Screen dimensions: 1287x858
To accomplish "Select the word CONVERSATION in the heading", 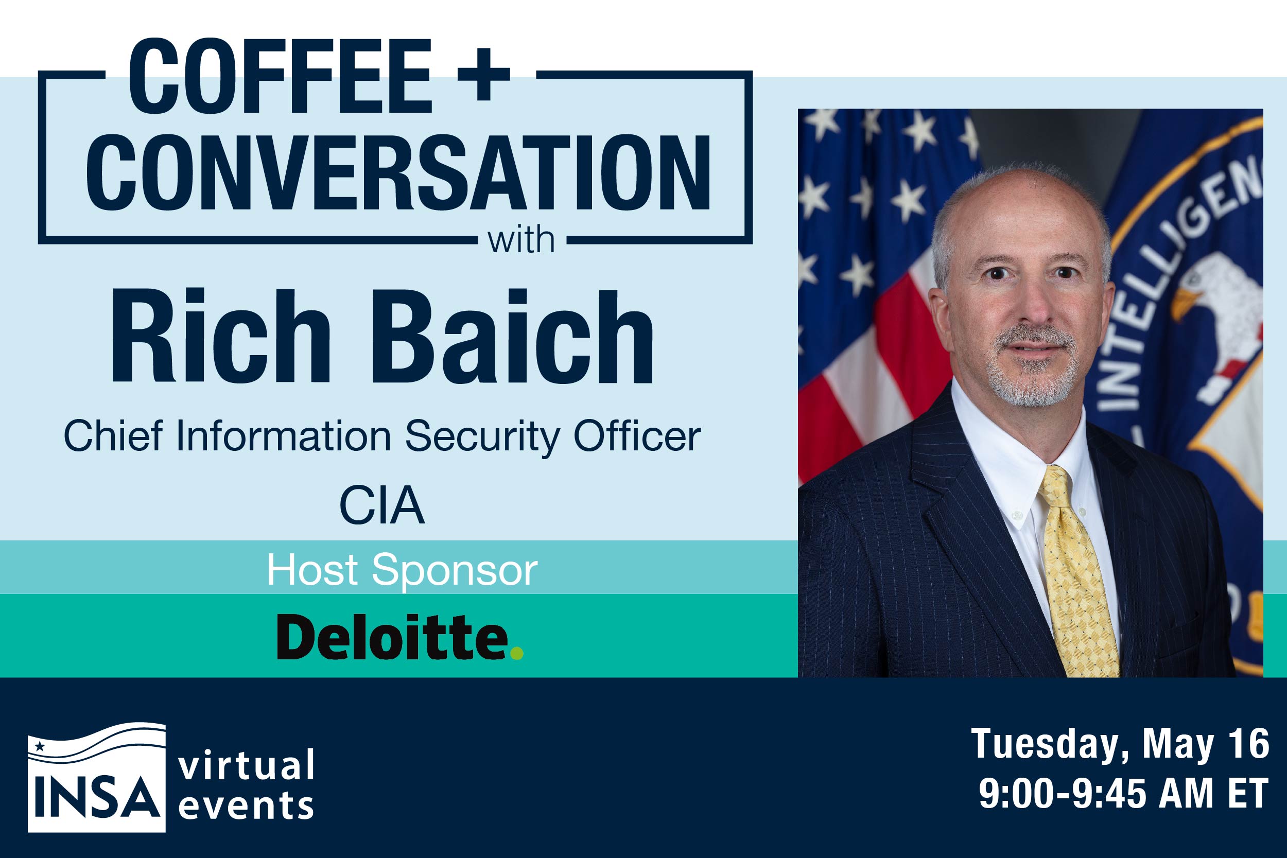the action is pos(398,172).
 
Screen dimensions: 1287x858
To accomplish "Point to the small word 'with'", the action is pos(521,240).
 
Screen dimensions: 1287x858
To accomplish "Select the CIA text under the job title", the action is pos(382,504).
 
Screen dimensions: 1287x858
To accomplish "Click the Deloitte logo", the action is pos(400,636).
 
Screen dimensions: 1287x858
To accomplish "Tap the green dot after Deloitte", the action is pos(516,653).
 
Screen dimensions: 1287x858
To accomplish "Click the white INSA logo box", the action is pos(97,777).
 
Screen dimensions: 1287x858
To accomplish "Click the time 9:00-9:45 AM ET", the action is pos(1123,793).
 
